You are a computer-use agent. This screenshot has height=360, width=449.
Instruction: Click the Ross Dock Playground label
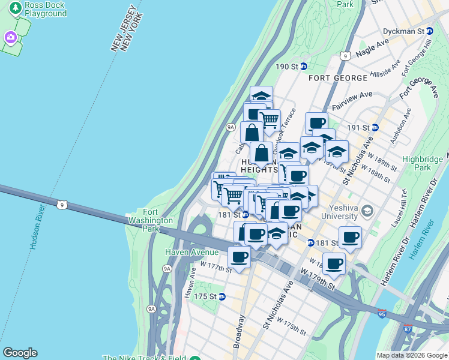(46, 8)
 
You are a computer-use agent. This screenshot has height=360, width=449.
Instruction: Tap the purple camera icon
(10, 38)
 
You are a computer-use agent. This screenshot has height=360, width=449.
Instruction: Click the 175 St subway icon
(221, 296)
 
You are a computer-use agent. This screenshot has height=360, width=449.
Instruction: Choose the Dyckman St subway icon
(429, 31)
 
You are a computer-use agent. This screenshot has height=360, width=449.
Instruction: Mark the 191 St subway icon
(375, 127)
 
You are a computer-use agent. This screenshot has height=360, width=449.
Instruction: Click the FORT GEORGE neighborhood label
(338, 79)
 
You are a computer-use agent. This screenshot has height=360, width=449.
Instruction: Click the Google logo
(20, 353)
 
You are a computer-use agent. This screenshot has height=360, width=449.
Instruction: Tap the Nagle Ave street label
(372, 47)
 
